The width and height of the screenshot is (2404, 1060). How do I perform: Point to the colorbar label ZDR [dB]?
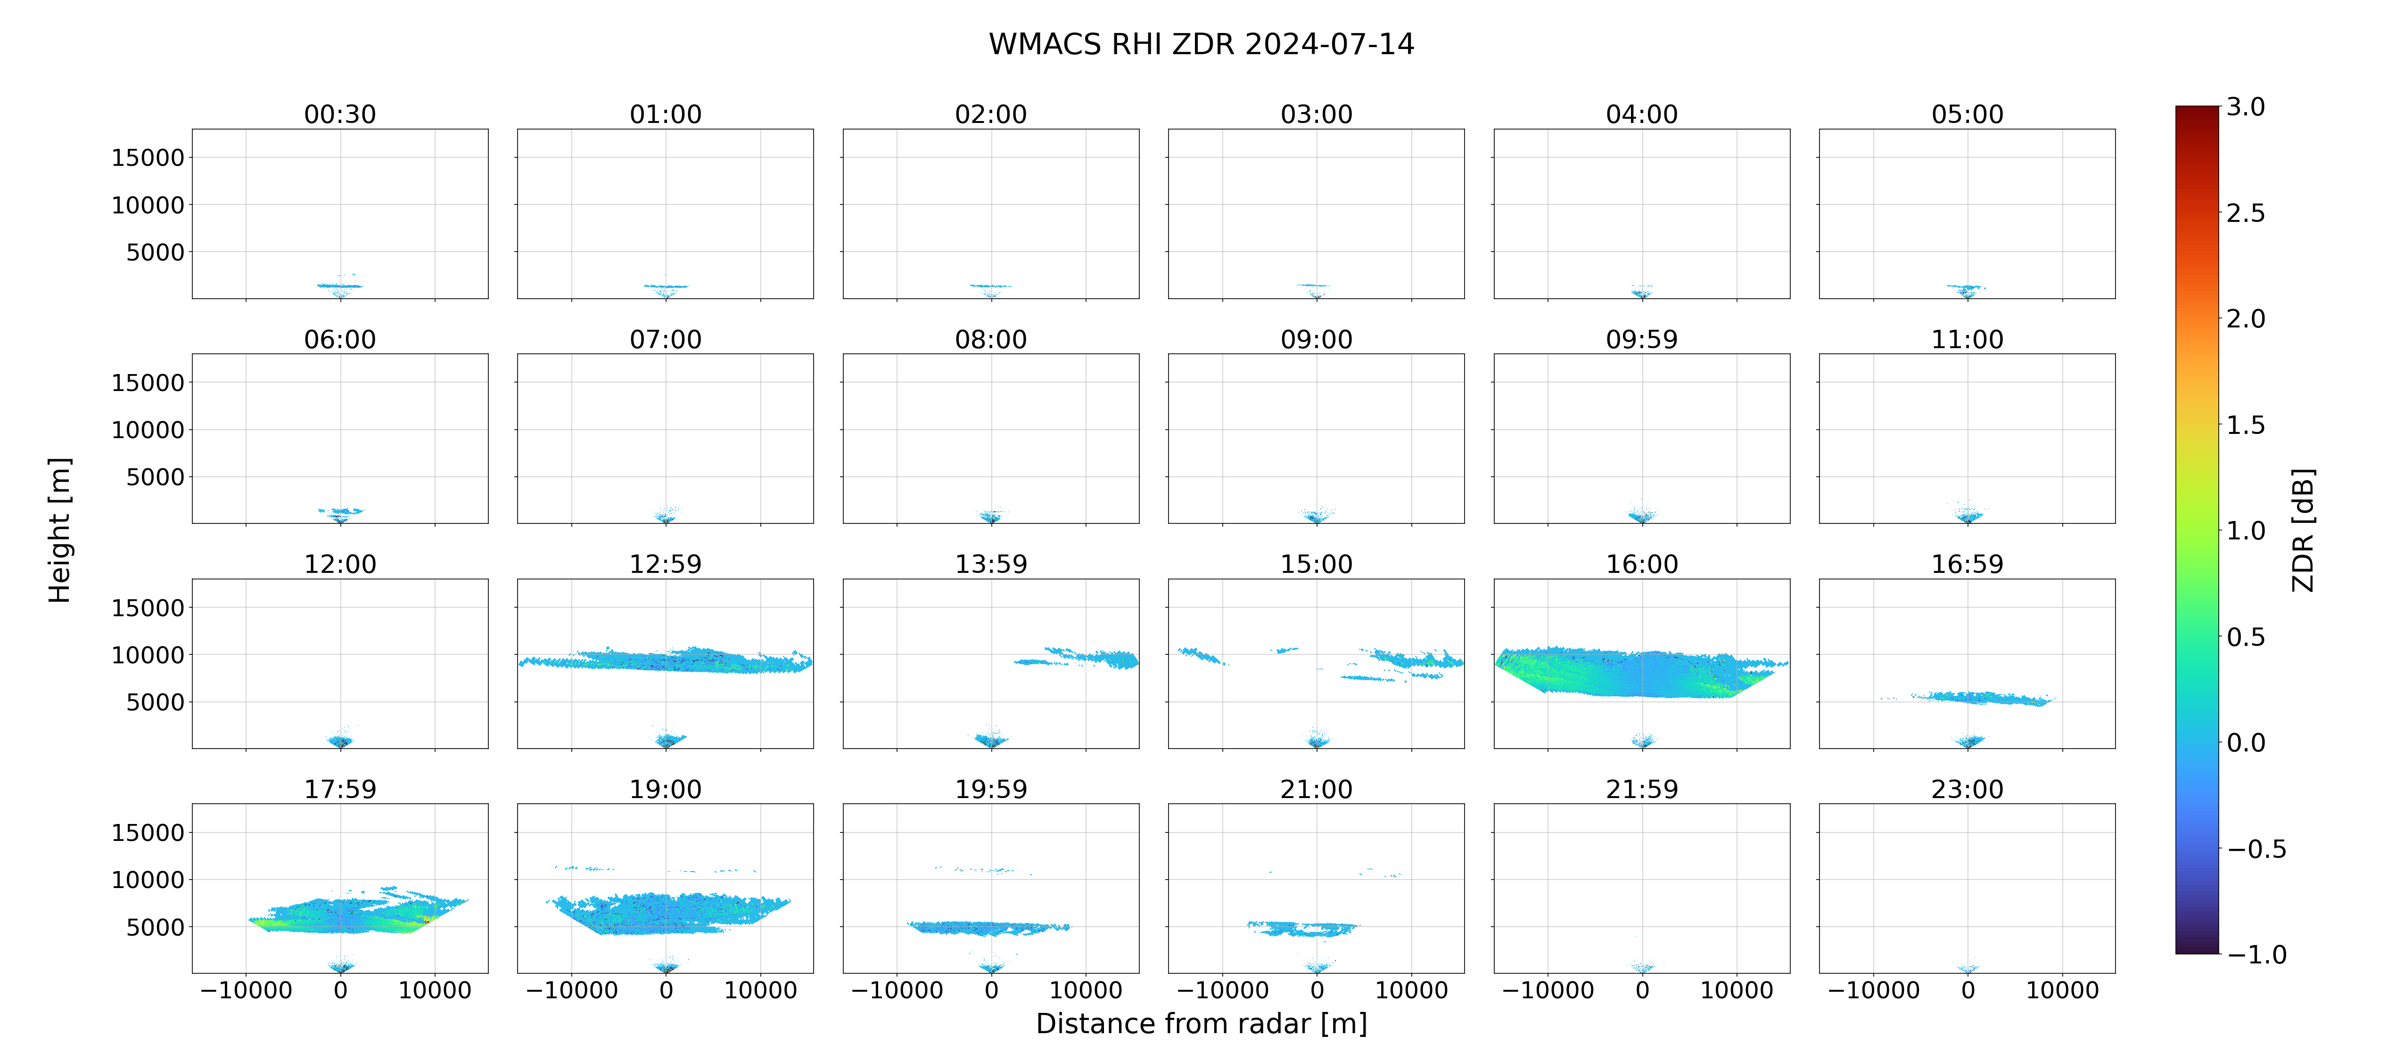tap(2302, 530)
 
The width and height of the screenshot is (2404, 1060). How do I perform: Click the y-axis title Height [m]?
tap(60, 530)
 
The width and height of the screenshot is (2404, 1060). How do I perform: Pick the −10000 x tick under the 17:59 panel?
tap(247, 990)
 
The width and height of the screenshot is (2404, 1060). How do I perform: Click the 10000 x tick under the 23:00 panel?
tap(2062, 990)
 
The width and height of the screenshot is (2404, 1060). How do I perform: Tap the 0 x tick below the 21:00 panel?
tap(1317, 990)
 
